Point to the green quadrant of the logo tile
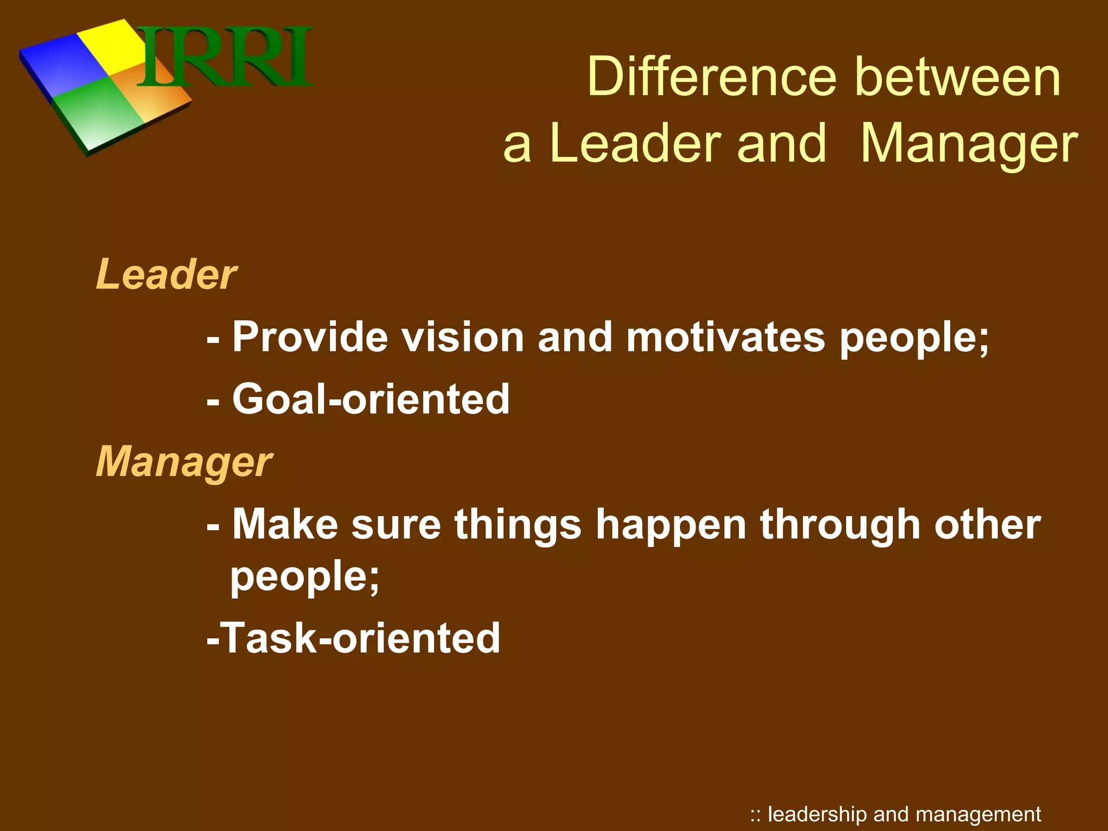click(97, 116)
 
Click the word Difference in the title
click(711, 77)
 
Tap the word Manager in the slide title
click(968, 143)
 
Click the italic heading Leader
click(166, 274)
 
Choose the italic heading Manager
click(184, 462)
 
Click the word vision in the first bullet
click(463, 338)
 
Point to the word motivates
click(726, 338)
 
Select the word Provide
click(310, 338)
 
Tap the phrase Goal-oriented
click(371, 399)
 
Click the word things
click(518, 525)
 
